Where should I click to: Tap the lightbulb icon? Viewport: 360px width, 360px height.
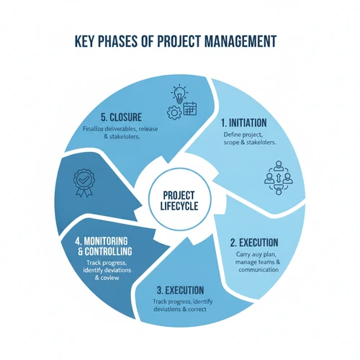coord(179,94)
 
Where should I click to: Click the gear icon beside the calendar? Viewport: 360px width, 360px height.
coord(174,112)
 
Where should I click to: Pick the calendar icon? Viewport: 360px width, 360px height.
coord(190,109)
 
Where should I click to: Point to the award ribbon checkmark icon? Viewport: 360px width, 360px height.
coord(84,183)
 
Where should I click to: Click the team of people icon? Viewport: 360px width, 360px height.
coord(279,178)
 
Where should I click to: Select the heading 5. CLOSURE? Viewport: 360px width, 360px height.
coord(121,117)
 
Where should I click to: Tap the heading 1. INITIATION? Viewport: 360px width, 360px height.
coord(243,123)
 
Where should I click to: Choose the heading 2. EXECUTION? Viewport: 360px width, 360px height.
coord(254,243)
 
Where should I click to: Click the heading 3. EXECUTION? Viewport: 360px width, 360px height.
coord(180,290)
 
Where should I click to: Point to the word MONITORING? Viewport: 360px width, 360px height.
coord(106,241)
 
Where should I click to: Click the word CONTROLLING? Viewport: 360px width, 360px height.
coord(108,251)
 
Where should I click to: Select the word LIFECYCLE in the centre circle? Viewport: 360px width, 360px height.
coord(179,206)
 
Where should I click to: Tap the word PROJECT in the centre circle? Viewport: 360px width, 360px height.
coord(179,196)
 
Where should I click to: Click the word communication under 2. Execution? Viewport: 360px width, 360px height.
coord(258,270)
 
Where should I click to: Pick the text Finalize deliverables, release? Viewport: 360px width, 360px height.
coord(120,129)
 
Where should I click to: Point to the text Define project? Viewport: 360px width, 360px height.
coord(243,135)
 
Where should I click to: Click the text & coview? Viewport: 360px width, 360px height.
coord(107,278)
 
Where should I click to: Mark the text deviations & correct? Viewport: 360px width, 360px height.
coord(180,309)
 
